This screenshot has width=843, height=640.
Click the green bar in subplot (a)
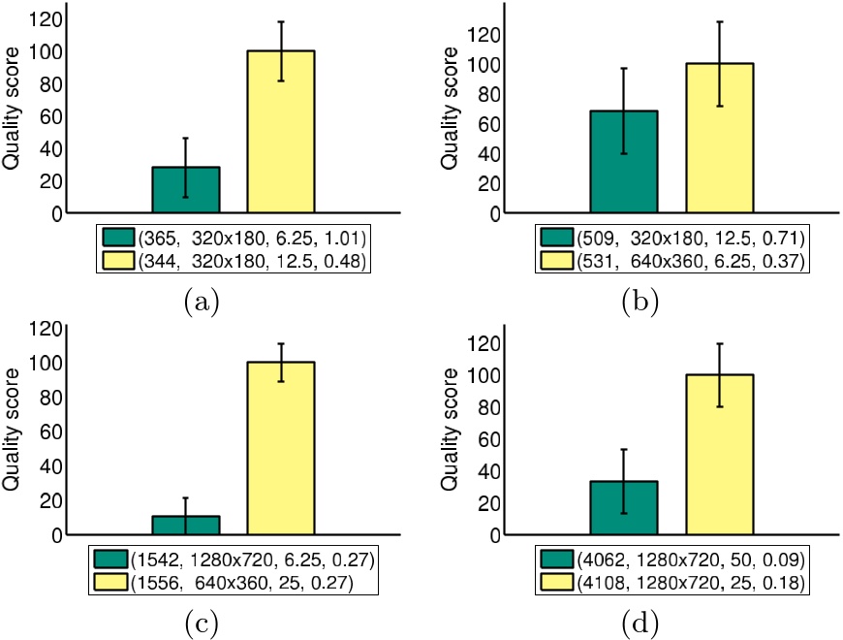(x=185, y=190)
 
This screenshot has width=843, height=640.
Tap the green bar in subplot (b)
(x=623, y=162)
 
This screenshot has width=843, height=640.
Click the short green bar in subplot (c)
(x=185, y=525)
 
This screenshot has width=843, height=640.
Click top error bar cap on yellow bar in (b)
(x=719, y=21)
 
